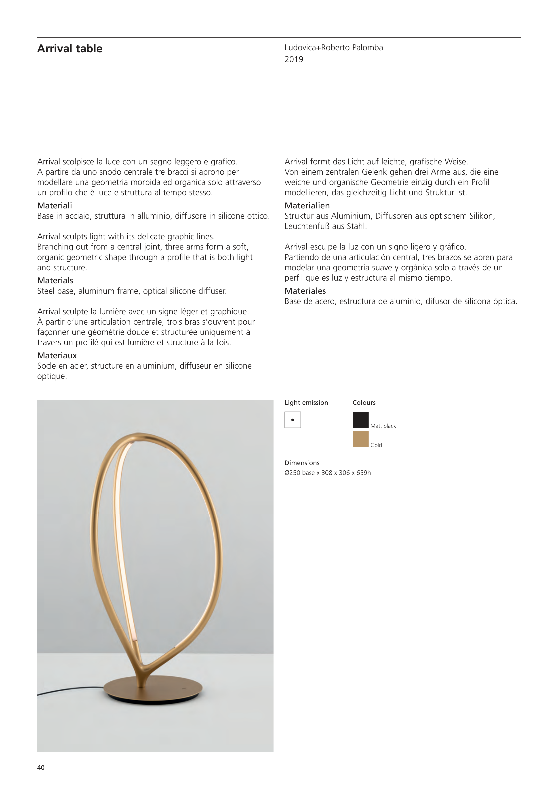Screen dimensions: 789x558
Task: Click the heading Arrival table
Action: pos(70,48)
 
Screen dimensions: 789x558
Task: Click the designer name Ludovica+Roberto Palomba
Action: pos(333,48)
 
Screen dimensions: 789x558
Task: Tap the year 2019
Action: pos(294,59)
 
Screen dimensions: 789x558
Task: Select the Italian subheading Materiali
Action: pos(55,206)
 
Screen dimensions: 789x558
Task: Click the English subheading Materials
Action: pos(55,280)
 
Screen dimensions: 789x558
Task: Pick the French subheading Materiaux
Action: pos(57,355)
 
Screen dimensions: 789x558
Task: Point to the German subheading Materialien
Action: pos(307,206)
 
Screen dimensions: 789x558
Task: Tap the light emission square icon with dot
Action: pos(293,420)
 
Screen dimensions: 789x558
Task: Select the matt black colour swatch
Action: pos(360,420)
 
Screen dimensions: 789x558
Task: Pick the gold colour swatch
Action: pos(360,439)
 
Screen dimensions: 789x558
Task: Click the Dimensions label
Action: pos(302,463)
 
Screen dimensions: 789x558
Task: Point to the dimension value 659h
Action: pos(363,473)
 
